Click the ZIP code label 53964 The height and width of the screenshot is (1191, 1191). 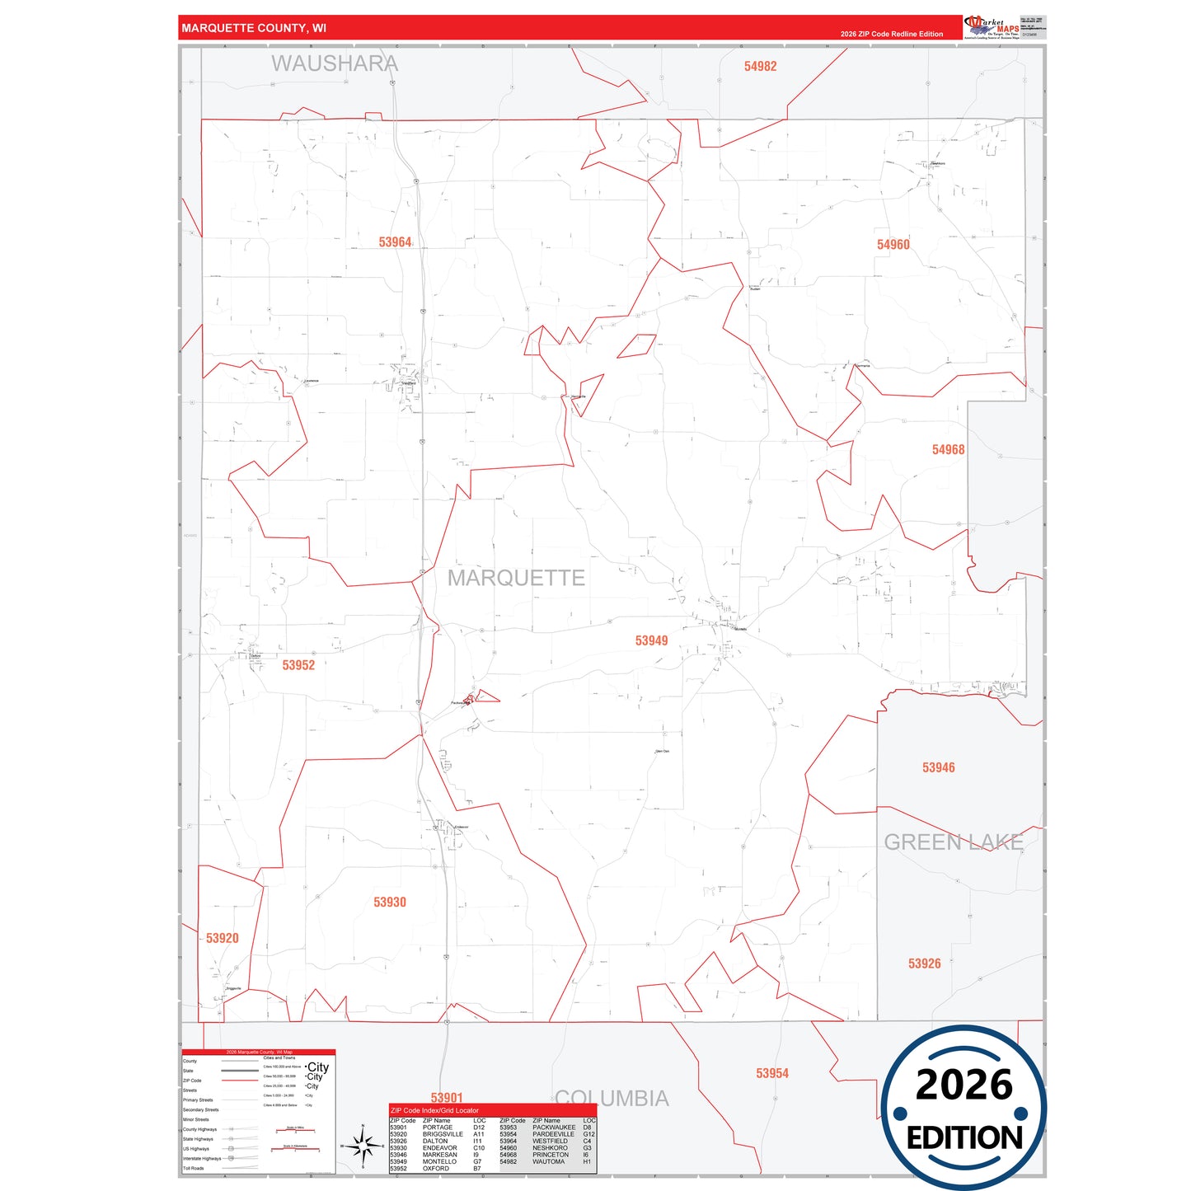tap(395, 242)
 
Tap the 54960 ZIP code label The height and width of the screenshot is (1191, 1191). tap(893, 245)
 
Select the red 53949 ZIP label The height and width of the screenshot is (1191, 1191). tap(651, 640)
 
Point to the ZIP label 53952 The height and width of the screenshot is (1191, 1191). tap(298, 665)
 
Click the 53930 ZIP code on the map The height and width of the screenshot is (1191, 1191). tap(390, 903)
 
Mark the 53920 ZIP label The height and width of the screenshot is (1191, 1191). tap(223, 938)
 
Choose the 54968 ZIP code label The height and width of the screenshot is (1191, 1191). tap(948, 450)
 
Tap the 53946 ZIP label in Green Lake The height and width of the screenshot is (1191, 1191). tap(938, 767)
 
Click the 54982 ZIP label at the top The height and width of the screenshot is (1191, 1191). tap(760, 67)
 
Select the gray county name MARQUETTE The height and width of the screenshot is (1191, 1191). tap(516, 578)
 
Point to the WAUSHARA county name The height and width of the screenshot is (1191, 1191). tap(335, 63)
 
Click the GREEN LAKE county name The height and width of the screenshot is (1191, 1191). tap(954, 842)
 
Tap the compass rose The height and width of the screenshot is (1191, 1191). tap(362, 1146)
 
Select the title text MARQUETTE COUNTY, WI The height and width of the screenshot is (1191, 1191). tap(254, 28)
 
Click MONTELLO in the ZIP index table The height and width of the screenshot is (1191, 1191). tap(439, 1161)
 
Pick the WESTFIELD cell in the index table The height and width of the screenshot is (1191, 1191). tap(550, 1141)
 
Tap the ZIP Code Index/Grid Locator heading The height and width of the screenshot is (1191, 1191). tap(434, 1110)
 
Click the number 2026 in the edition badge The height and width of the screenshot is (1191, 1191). tap(964, 1085)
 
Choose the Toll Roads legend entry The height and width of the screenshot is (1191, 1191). tap(194, 1168)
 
